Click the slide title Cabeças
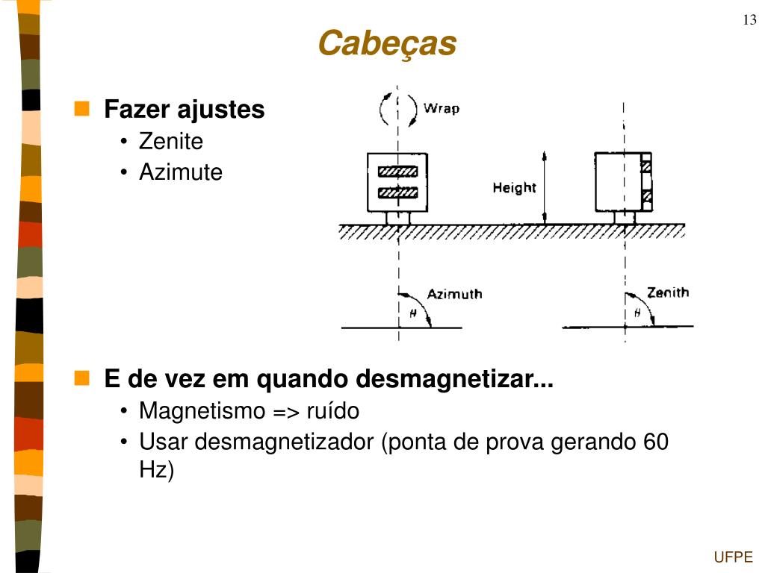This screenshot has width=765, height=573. tap(387, 43)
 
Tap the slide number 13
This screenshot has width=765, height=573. tap(749, 20)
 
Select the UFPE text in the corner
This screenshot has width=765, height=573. tap(733, 557)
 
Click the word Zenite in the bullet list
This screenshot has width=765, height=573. tap(171, 141)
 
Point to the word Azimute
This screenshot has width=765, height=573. tap(181, 172)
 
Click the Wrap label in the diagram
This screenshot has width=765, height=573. tap(442, 109)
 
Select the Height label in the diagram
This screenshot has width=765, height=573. tap(514, 187)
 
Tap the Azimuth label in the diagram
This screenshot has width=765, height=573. tap(454, 294)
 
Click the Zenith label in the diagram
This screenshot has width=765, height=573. tap(668, 292)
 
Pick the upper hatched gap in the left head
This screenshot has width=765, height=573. tap(397, 171)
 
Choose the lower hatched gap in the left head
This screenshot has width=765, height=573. tap(397, 194)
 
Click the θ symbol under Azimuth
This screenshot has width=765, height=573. tap(412, 314)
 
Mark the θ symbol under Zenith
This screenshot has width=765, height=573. tap(637, 314)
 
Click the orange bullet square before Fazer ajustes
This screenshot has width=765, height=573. tap(82, 109)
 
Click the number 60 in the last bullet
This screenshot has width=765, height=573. tap(655, 442)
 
